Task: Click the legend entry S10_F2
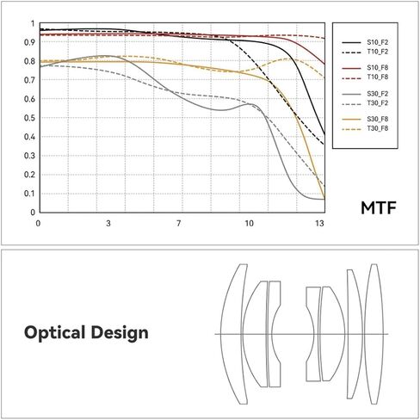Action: (x=375, y=41)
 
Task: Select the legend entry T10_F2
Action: (x=375, y=52)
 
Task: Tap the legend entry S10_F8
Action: (x=375, y=67)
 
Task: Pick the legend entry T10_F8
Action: (x=375, y=77)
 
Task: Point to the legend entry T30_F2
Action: (x=375, y=103)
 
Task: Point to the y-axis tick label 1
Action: (x=32, y=24)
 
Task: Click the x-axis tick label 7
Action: (x=178, y=224)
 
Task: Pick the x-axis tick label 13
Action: (x=319, y=224)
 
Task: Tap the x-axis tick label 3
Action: (x=108, y=224)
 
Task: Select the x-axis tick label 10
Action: (x=250, y=224)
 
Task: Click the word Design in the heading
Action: (x=122, y=332)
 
